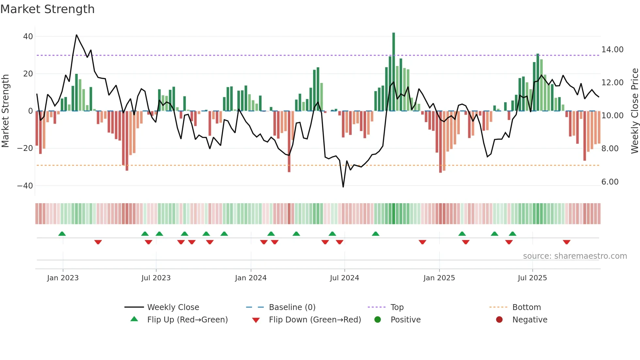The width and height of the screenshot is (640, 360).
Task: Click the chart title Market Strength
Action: click(x=47, y=9)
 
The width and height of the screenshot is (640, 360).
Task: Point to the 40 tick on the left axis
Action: click(x=28, y=37)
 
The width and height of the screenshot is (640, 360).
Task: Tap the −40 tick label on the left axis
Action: click(x=25, y=186)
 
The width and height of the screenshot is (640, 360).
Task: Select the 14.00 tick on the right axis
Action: click(x=612, y=50)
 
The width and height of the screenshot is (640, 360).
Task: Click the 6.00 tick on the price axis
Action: click(x=610, y=182)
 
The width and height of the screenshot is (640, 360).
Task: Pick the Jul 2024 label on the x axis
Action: click(x=344, y=278)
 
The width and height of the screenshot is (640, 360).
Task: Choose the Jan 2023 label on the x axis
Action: click(x=63, y=278)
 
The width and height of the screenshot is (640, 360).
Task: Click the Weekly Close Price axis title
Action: click(x=634, y=111)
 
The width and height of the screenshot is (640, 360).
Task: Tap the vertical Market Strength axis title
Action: click(x=6, y=111)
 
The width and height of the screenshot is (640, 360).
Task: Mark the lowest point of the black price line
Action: click(x=343, y=187)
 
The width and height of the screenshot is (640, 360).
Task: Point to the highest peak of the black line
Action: click(x=76, y=35)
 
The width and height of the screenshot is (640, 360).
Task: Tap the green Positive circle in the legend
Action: click(x=377, y=320)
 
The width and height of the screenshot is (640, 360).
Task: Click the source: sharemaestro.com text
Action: click(x=575, y=256)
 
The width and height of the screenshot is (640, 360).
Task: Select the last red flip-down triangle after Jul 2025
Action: click(x=567, y=242)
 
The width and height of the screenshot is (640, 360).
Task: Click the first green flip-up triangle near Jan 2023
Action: click(x=62, y=234)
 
